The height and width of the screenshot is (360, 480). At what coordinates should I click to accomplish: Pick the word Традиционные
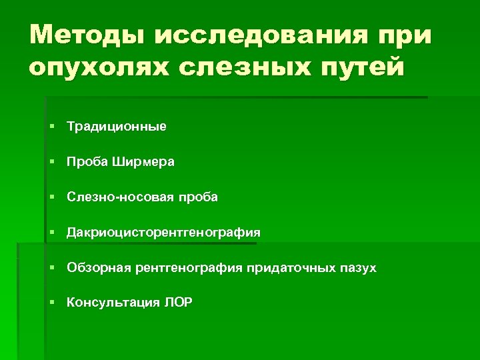(117, 126)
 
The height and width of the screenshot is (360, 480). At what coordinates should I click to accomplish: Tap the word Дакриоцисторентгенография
(163, 233)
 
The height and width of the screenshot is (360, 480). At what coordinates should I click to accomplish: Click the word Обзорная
(97, 268)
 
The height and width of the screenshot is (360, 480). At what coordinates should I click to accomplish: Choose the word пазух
(361, 268)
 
